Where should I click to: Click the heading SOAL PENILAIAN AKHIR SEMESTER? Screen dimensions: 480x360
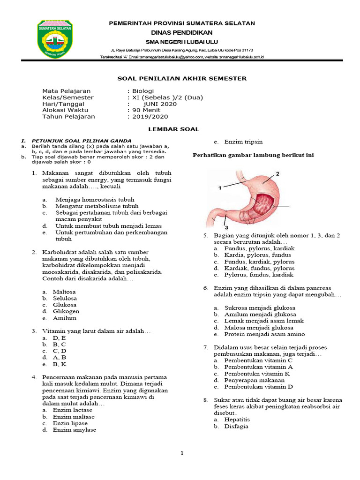tap(181, 79)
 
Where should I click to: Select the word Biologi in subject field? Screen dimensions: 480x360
tap(142, 91)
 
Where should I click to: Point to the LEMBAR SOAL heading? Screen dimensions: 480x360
tap(180, 129)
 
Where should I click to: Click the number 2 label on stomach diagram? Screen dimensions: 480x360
tap(277, 174)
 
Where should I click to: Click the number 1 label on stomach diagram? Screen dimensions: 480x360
tap(219, 188)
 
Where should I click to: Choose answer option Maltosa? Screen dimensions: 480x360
tap(64, 292)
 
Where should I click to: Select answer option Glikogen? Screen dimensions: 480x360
tap(66, 311)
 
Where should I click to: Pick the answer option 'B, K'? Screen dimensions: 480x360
tap(60, 364)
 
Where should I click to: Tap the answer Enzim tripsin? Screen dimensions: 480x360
tap(243, 142)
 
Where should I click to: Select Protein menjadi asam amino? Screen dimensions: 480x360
tap(264, 334)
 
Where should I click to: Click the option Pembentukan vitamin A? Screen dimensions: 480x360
tap(259, 367)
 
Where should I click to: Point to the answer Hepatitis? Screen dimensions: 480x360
tap(237, 420)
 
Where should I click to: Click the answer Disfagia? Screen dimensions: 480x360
tap(236, 427)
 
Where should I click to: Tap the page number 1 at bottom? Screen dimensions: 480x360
tap(182, 453)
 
